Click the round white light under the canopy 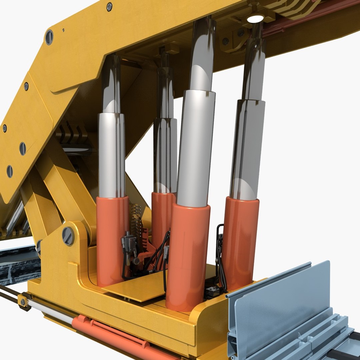pyautogui.click(x=255, y=19)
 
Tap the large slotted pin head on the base pyautogui.click(x=68, y=236)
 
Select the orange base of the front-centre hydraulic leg pyautogui.click(x=188, y=257)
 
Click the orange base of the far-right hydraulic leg pyautogui.click(x=241, y=240)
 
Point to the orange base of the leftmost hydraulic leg pyautogui.click(x=112, y=240)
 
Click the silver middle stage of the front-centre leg pyautogui.click(x=196, y=147)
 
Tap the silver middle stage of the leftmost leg pyautogui.click(x=111, y=155)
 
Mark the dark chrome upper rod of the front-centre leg pyautogui.click(x=203, y=53)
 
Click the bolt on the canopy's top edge pyautogui.click(x=109, y=7)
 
